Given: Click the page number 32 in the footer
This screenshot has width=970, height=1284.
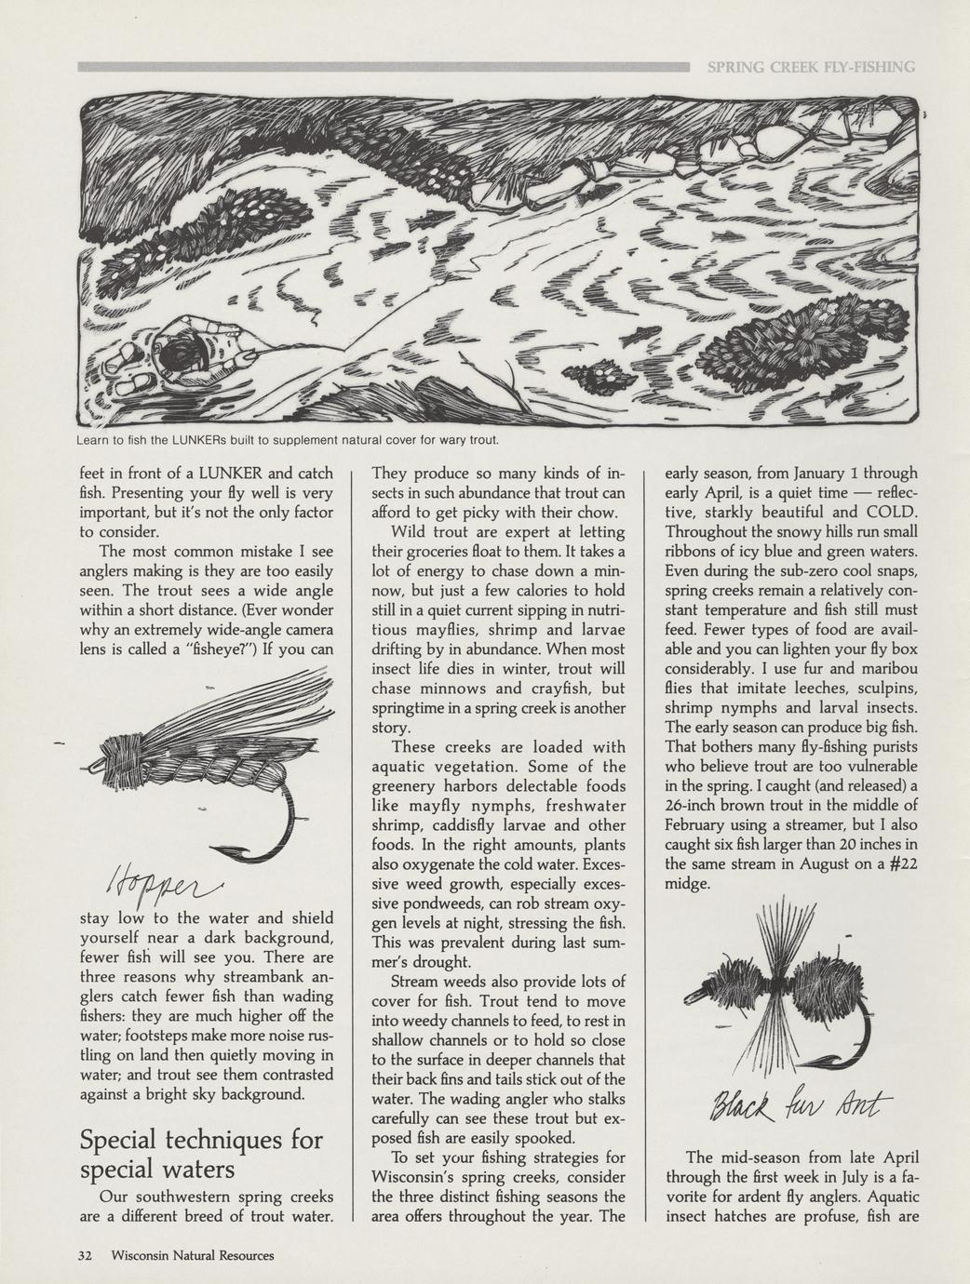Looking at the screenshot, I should [x=86, y=1255].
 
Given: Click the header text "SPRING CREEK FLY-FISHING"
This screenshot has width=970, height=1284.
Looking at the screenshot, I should [x=811, y=67].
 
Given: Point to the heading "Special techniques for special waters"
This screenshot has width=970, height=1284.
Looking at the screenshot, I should [x=201, y=1152].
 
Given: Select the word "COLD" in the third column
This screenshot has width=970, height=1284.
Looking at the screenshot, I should [x=891, y=512].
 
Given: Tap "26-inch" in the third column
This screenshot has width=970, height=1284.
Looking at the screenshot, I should [x=696, y=805].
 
